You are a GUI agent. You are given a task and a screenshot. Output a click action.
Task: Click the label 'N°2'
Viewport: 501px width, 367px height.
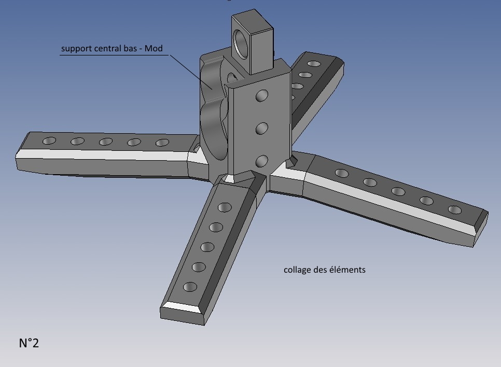pyautogui.click(x=29, y=343)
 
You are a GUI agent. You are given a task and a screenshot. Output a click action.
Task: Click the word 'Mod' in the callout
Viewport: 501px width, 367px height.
pyautogui.click(x=154, y=48)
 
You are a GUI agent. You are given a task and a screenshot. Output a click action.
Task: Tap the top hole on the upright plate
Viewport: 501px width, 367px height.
pyautogui.click(x=262, y=95)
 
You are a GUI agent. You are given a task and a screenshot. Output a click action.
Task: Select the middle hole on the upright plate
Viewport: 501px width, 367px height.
pyautogui.click(x=262, y=129)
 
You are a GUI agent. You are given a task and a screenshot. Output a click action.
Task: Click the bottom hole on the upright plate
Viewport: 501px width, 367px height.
pyautogui.click(x=262, y=161)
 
